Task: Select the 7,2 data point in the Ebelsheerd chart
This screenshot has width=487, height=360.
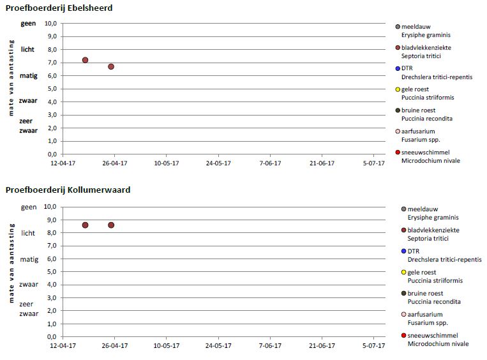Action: [x=85, y=60]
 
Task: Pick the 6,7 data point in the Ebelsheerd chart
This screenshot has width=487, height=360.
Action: [x=111, y=66]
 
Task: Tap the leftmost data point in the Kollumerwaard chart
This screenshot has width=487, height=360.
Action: [x=85, y=225]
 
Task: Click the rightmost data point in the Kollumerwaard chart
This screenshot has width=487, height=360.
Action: [x=111, y=225]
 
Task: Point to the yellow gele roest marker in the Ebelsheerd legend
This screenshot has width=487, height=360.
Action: [x=398, y=89]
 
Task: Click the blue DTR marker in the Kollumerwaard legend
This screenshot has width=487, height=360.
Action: [x=404, y=251]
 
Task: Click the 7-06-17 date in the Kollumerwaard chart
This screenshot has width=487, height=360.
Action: [x=269, y=346]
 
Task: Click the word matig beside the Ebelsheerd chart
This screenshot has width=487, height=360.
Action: [x=28, y=75]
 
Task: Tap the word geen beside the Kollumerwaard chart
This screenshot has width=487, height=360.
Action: [x=29, y=207]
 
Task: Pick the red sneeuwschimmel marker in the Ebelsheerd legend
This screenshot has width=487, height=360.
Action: [x=398, y=152]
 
